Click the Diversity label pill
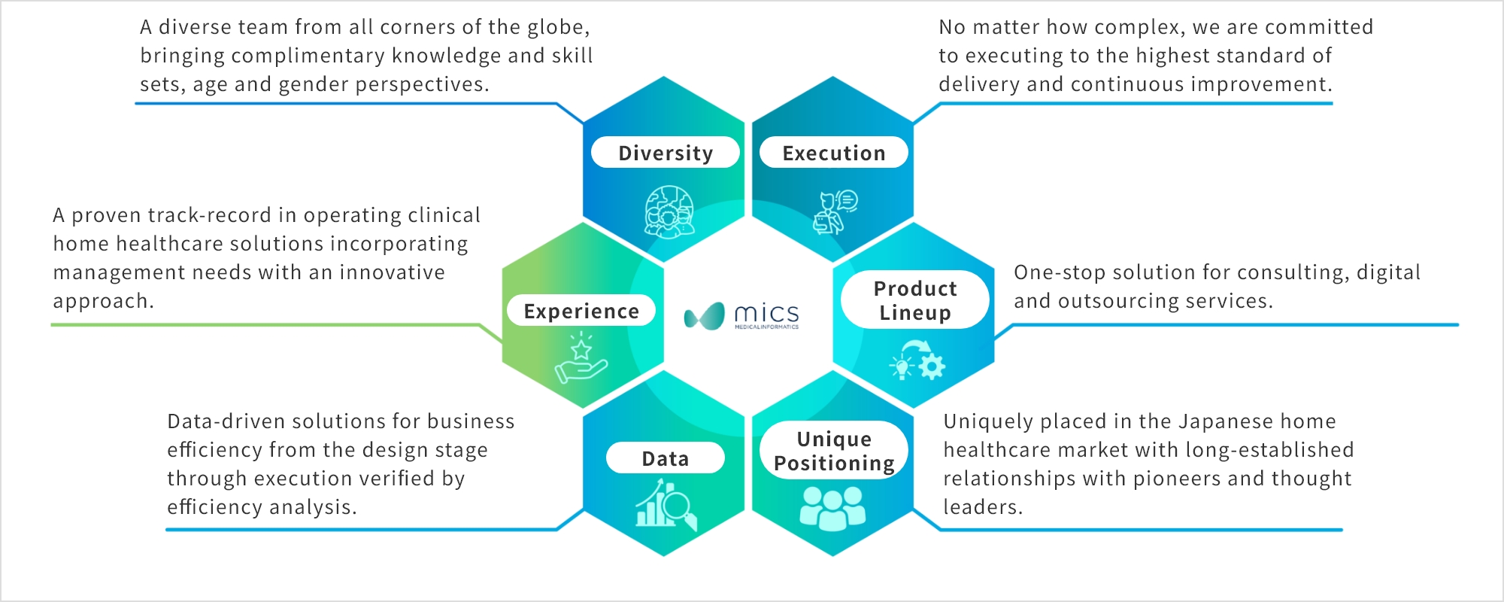coord(666,152)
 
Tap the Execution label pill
coord(834,152)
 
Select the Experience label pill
coord(581,310)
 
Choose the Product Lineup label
coord(915,299)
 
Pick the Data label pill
coord(666,458)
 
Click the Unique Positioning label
coord(834,450)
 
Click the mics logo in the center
coord(741,316)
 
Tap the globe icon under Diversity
coord(669,211)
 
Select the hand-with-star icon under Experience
coord(581,358)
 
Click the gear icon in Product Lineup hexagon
coord(932,366)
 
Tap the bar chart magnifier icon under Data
coord(666,504)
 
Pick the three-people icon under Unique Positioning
coord(832,508)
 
